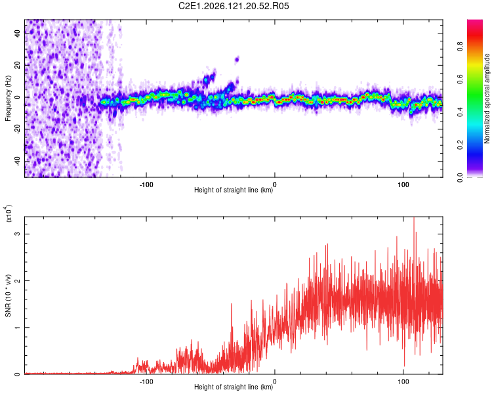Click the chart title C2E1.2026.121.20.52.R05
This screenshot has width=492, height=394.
pos(234,6)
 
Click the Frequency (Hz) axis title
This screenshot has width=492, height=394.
pos(8,98)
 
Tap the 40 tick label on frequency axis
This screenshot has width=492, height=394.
pos(17,33)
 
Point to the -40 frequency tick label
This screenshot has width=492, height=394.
pos(17,161)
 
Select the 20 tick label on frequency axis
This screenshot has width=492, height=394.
pos(17,65)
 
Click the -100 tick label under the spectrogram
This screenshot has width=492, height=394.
pos(146,185)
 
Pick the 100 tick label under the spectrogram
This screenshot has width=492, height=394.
pos(403,185)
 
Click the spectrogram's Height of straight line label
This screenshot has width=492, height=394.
pos(234,190)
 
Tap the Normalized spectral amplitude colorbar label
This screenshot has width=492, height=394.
pos(487,98)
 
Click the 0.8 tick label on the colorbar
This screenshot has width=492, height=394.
pos(460,47)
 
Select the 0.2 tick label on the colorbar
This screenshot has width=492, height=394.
pos(460,145)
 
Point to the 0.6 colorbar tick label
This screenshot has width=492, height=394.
pos(460,79)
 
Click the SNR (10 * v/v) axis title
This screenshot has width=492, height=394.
pos(8,295)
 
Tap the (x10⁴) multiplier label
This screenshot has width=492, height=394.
pos(9,213)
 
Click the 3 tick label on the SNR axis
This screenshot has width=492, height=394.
pos(17,234)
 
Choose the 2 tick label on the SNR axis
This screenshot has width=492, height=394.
pos(17,280)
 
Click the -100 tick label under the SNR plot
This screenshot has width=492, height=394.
pos(146,382)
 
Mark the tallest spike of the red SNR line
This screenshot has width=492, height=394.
pos(414,217)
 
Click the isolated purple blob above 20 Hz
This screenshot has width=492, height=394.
pos(237,59)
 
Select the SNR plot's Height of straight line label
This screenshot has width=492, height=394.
pos(234,387)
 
